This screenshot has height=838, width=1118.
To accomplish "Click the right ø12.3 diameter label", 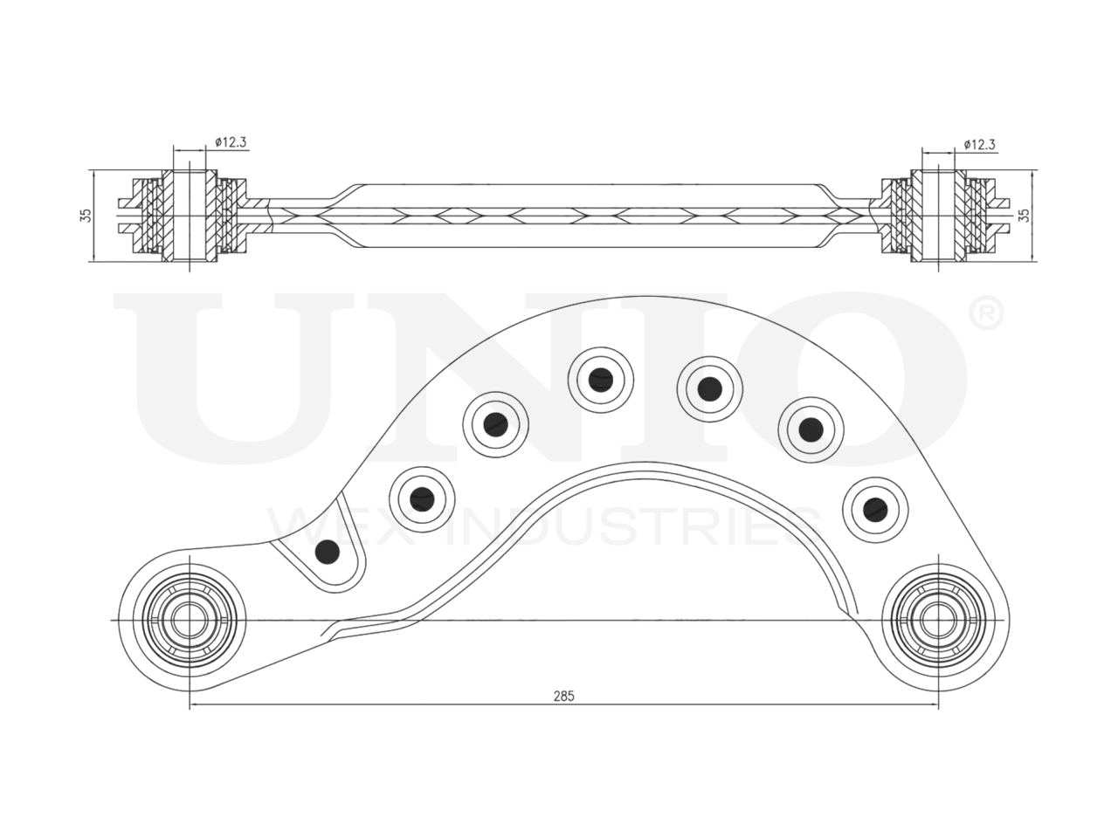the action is [x=980, y=144].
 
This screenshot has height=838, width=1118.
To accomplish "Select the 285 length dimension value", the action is [x=563, y=696].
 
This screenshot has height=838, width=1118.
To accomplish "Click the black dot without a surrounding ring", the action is [x=328, y=551].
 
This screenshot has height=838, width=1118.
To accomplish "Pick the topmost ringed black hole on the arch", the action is [x=599, y=379].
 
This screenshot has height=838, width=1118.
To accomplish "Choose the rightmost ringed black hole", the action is [x=872, y=507].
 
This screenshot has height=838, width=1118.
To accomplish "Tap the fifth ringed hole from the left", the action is [x=811, y=428].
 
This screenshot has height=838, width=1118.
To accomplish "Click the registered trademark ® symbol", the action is [x=986, y=315].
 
